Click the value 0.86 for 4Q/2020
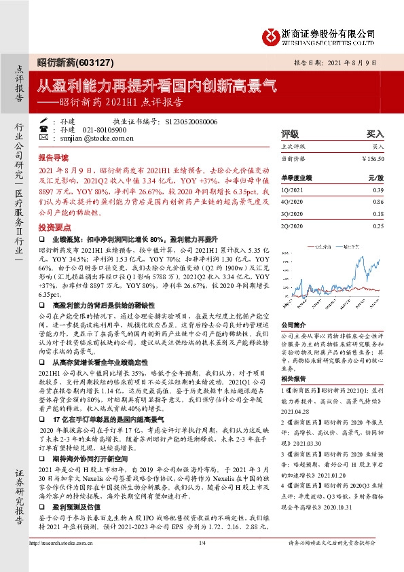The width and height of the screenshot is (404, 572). [378, 201]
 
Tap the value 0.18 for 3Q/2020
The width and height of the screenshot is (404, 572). [378, 213]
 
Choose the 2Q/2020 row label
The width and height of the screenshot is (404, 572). [293, 226]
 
